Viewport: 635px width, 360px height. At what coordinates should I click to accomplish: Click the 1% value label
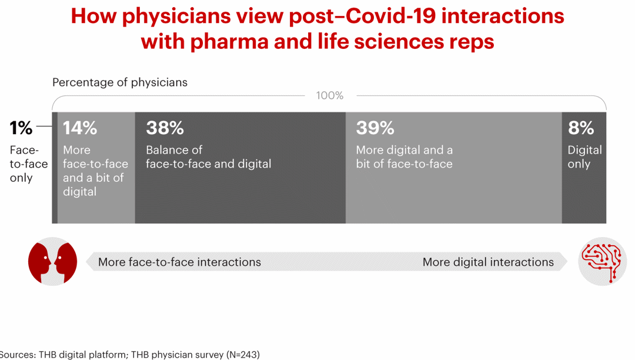pos(21,128)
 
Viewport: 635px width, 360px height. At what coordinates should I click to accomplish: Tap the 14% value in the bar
pos(80,128)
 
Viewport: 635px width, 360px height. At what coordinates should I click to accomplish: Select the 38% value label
pos(165,128)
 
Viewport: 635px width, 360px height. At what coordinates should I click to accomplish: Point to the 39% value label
pos(375,128)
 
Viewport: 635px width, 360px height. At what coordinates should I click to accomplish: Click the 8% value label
pos(581,128)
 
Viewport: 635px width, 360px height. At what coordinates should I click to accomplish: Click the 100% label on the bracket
pos(330,95)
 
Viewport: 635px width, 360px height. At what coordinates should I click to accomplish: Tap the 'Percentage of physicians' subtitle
pos(120,82)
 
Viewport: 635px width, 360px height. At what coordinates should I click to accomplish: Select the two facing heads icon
pos(53,262)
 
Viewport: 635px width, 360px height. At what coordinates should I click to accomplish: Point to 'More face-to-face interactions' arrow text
pos(179,262)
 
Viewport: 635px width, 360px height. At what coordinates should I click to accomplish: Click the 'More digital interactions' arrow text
pos(488,262)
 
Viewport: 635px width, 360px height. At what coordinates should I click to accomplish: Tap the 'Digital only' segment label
pos(584,157)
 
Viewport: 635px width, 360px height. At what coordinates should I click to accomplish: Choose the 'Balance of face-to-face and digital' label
pos(208,157)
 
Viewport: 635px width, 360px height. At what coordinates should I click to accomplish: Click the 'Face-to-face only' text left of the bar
pos(28,164)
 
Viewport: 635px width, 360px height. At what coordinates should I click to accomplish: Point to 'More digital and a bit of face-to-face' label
pos(404,157)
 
